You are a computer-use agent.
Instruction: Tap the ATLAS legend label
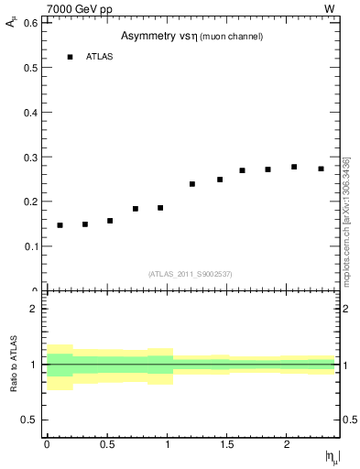point(99,57)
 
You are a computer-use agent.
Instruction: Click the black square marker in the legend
point(70,57)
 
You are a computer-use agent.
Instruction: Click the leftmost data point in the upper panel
point(60,225)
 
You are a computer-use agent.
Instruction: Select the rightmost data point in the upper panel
point(321,169)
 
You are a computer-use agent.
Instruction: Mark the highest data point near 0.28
point(294,167)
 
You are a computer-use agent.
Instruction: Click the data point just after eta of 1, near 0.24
point(192,184)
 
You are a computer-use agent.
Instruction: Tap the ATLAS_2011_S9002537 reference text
point(191,274)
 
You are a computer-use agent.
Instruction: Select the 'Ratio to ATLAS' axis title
point(15,365)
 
